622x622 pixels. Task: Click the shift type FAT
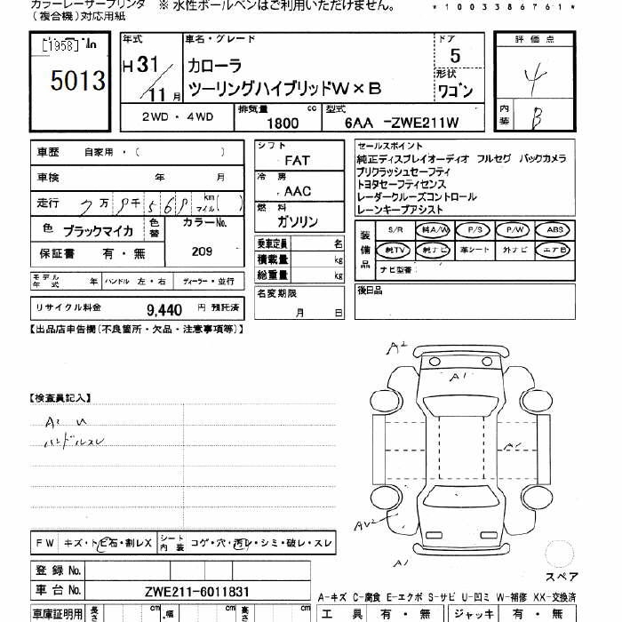pyautogui.click(x=297, y=161)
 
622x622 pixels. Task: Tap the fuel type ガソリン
pyautogui.click(x=298, y=222)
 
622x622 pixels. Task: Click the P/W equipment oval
pyautogui.click(x=513, y=229)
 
